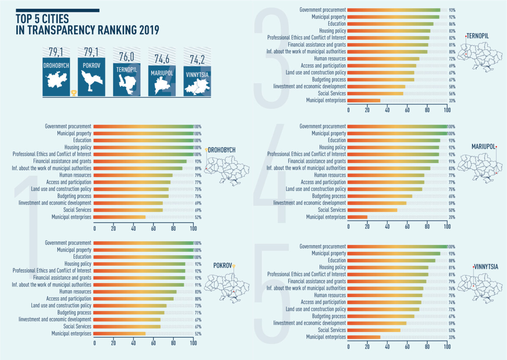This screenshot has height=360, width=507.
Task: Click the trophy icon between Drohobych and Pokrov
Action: point(74,93)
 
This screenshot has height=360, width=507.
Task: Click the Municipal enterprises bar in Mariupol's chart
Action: point(357,217)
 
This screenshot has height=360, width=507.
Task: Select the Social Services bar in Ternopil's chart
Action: point(376,93)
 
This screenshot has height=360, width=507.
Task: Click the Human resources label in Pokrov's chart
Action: point(76,292)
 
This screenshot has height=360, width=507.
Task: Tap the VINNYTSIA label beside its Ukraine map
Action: point(486,267)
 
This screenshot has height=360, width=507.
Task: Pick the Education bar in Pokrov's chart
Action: point(143,257)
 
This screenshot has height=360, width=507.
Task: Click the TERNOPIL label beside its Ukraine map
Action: point(478,36)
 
